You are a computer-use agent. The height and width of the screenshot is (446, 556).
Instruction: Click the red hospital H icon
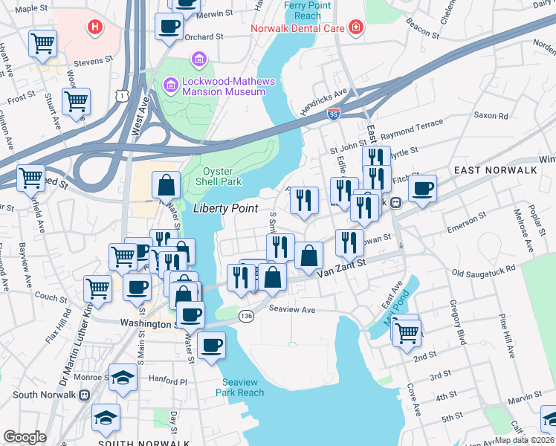point(95,28)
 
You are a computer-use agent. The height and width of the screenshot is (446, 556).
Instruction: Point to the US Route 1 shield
point(120,95)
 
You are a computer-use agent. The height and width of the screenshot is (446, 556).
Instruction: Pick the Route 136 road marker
point(246,317)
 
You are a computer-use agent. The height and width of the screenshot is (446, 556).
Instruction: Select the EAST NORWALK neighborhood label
point(496,170)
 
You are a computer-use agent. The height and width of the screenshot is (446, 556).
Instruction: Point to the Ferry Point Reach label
point(303,10)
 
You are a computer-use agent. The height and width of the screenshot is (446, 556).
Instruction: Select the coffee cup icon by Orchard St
point(169,27)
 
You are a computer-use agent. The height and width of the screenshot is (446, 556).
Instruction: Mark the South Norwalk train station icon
point(84,395)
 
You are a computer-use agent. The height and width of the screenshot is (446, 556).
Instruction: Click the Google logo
point(25,437)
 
